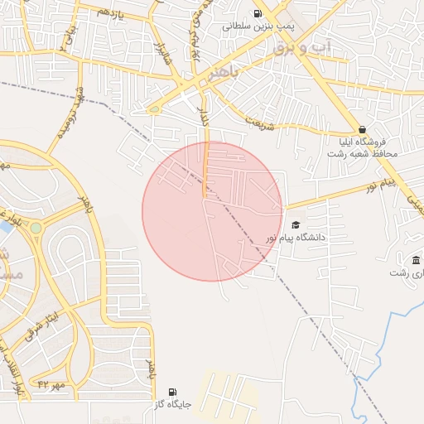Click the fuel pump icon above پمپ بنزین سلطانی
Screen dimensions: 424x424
coord(258,13)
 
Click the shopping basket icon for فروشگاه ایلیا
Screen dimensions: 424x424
coord(362,129)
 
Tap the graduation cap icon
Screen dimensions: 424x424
coord(296,224)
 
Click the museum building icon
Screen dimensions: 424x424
coord(416,261)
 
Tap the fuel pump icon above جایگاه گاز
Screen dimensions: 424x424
coord(172,392)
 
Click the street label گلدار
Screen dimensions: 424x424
coord(203,116)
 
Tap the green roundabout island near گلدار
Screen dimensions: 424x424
coord(154,108)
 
